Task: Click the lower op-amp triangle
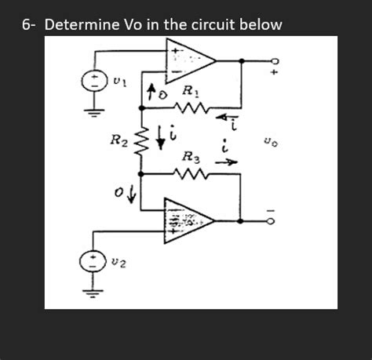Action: pos(186,217)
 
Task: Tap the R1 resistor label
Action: pos(189,93)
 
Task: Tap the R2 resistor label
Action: pos(118,142)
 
